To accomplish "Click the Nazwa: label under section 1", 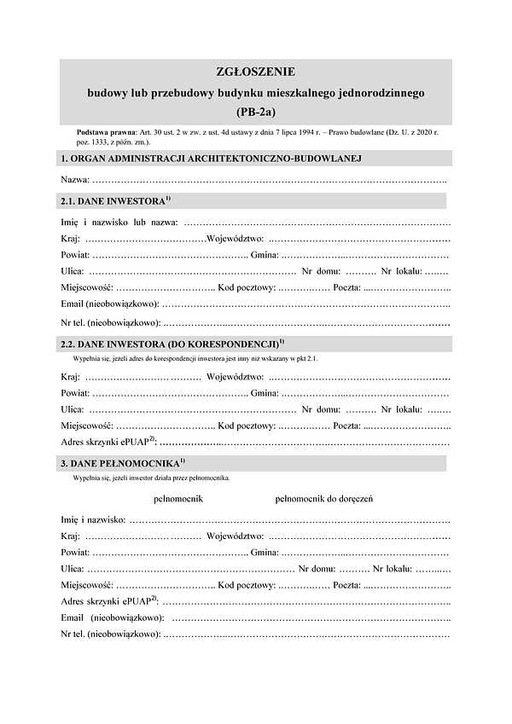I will pyautogui.click(x=75, y=180).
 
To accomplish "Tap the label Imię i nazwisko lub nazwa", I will pyautogui.click(x=118, y=223).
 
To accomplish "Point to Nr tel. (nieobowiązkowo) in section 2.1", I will pyautogui.click(x=111, y=323).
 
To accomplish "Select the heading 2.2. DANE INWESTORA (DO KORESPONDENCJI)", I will pyautogui.click(x=169, y=344).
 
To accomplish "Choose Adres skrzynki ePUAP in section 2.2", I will pyautogui.click(x=108, y=442).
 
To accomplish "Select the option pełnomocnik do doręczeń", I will pyautogui.click(x=323, y=498).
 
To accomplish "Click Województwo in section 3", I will pyautogui.click(x=235, y=536).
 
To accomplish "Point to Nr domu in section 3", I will pyautogui.click(x=317, y=567).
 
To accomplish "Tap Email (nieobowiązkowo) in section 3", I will pyautogui.click(x=113, y=617).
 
